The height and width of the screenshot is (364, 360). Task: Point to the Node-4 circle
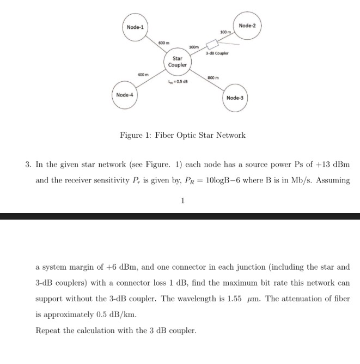124,95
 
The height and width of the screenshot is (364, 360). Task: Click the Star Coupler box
178,62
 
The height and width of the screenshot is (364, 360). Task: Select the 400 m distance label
143,74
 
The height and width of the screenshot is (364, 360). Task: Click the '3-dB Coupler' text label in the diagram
217,53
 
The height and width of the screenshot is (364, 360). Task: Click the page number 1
182,201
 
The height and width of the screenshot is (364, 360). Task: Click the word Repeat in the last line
48,331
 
